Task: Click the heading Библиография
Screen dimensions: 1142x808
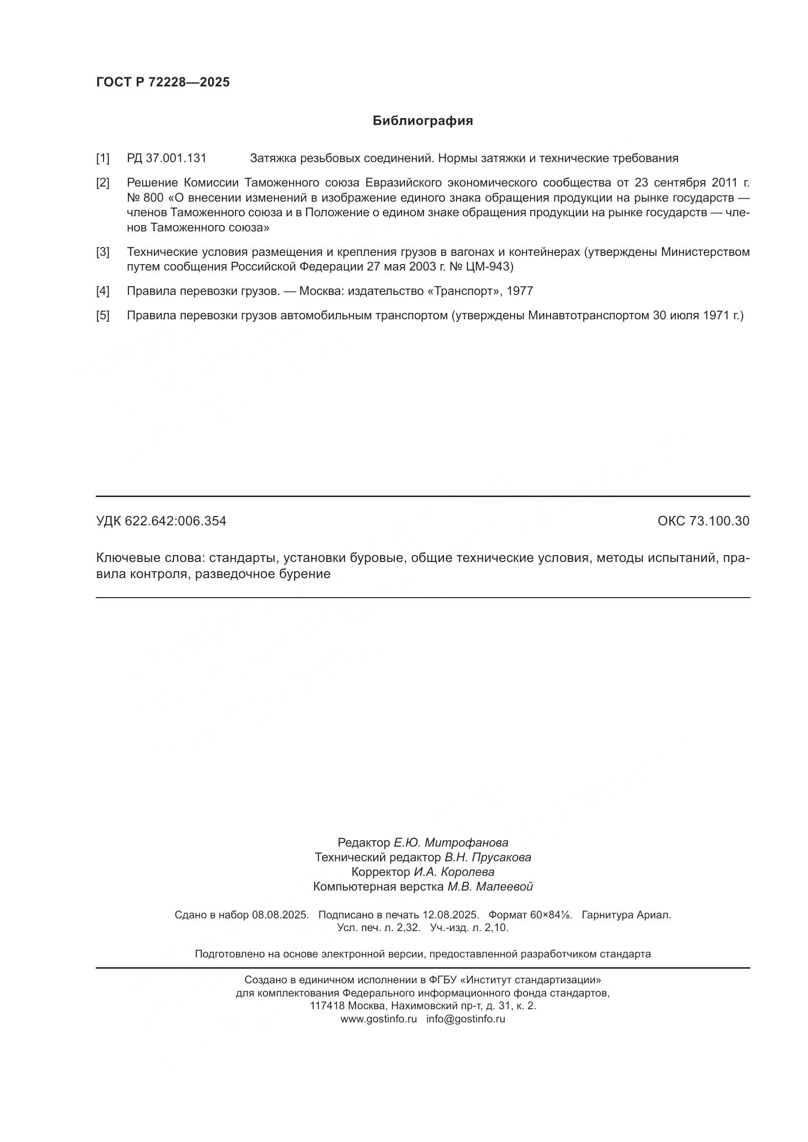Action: [x=423, y=121]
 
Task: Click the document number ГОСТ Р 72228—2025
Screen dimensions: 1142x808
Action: [x=163, y=82]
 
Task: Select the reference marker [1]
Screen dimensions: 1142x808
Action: [x=103, y=159]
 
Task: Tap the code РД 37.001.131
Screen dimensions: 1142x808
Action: [x=166, y=159]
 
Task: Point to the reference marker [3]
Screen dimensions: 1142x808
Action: [x=103, y=252]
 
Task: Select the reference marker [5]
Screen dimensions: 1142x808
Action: [x=103, y=315]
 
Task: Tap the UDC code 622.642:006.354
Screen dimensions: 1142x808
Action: [x=175, y=521]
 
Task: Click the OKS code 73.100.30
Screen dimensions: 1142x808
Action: [x=719, y=521]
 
